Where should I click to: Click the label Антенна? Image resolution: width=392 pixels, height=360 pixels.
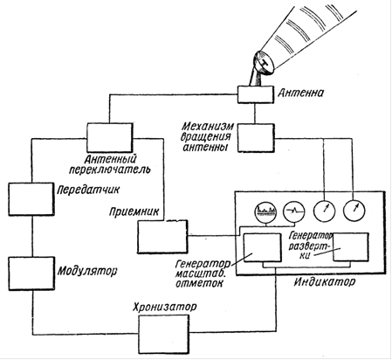pos(300,93)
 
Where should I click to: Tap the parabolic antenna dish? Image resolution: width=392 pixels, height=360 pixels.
pos(264,63)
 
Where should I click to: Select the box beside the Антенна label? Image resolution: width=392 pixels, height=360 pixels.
pos(256,94)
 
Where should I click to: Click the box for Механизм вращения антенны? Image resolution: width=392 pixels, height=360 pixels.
pos(256,138)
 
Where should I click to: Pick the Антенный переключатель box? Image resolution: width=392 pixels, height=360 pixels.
pos(110,137)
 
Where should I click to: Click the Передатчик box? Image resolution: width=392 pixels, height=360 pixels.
pos(31,199)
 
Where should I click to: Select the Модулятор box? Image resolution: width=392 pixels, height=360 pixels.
pos(31,273)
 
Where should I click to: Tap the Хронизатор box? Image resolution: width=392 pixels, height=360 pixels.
pos(163,335)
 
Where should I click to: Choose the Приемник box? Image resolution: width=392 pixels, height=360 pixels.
pos(162,237)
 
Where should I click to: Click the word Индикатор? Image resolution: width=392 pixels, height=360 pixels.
pos(324,281)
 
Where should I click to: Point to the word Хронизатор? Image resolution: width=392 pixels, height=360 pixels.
pos(165,307)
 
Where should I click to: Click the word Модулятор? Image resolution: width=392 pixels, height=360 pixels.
pos(87,271)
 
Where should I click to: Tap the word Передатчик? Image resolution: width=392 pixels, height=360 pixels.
pos(88,190)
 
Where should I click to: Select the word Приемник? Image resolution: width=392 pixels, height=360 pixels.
pos(134,211)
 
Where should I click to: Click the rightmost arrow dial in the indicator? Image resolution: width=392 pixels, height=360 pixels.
pos(354,211)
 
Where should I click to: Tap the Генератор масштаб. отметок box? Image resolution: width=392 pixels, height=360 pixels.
pos(263,247)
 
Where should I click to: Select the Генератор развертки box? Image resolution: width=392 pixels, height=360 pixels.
pos(351,246)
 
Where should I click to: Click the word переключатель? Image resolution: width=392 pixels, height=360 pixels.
pos(110,170)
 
